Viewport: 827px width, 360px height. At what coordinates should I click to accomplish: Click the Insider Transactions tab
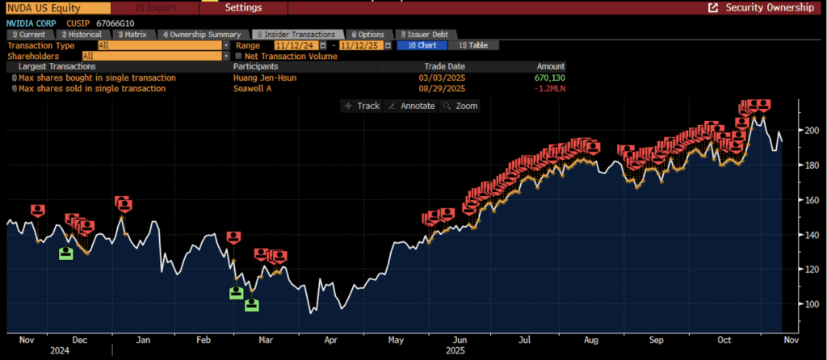pyautogui.click(x=296, y=35)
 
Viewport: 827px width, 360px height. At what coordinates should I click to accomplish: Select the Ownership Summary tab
pyautogui.click(x=204, y=35)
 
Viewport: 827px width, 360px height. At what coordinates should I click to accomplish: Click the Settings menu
pyautogui.click(x=243, y=7)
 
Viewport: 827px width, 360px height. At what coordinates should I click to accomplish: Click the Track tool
pyautogui.click(x=362, y=106)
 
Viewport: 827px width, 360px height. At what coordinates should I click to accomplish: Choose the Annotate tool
pyautogui.click(x=411, y=106)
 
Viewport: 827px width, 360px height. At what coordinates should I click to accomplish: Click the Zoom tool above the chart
pyautogui.click(x=460, y=106)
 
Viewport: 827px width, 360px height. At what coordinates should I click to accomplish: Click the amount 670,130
pyautogui.click(x=548, y=77)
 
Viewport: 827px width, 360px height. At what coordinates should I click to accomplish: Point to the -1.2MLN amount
pyautogui.click(x=548, y=89)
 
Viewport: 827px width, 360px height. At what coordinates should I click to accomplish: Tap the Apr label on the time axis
pyautogui.click(x=330, y=341)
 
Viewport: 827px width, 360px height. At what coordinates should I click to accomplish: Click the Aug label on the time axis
pyautogui.click(x=592, y=341)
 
